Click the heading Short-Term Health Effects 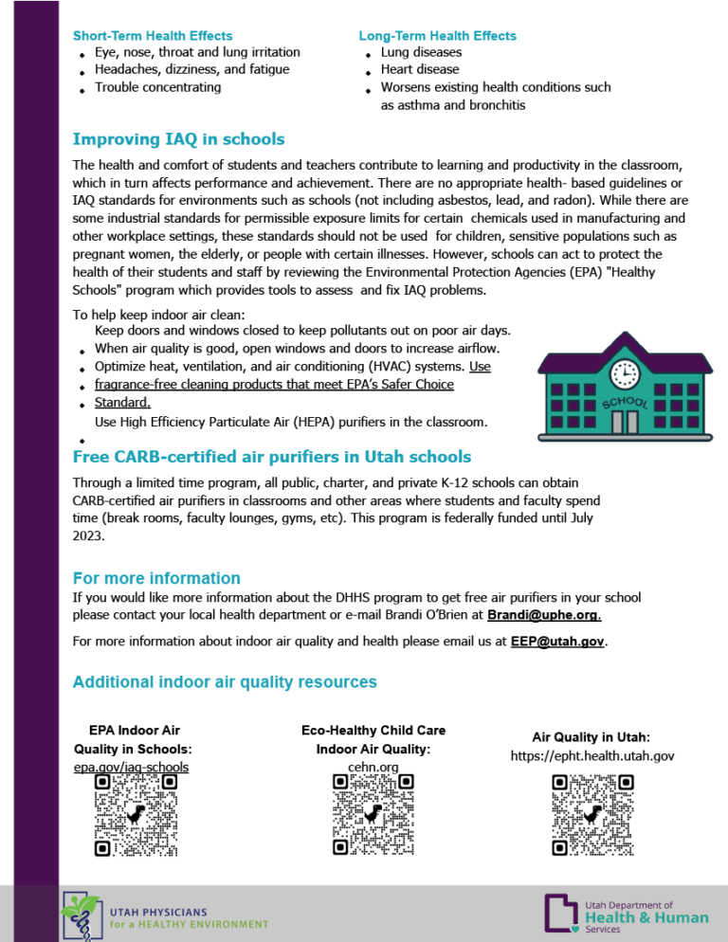153,35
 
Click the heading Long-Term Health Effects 437,35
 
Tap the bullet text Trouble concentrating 157,87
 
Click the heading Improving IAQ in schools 178,139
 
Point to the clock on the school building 625,373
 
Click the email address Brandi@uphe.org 544,615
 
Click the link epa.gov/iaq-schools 131,767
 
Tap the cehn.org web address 373,767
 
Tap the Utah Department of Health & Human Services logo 626,916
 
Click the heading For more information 156,578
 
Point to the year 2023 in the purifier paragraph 88,535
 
